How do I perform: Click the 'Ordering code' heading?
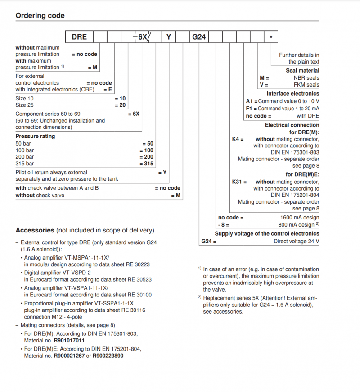pos(40,16)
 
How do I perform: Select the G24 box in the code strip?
pos(199,37)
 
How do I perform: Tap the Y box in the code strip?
pos(168,37)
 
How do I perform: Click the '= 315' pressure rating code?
pos(147,164)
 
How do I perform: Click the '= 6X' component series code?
pos(134,114)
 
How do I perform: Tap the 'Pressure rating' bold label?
pos(35,136)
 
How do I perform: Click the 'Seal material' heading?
pos(302,71)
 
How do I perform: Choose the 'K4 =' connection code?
pos(238,140)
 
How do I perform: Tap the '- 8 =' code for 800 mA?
pos(224,224)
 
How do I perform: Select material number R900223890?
pos(108,356)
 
